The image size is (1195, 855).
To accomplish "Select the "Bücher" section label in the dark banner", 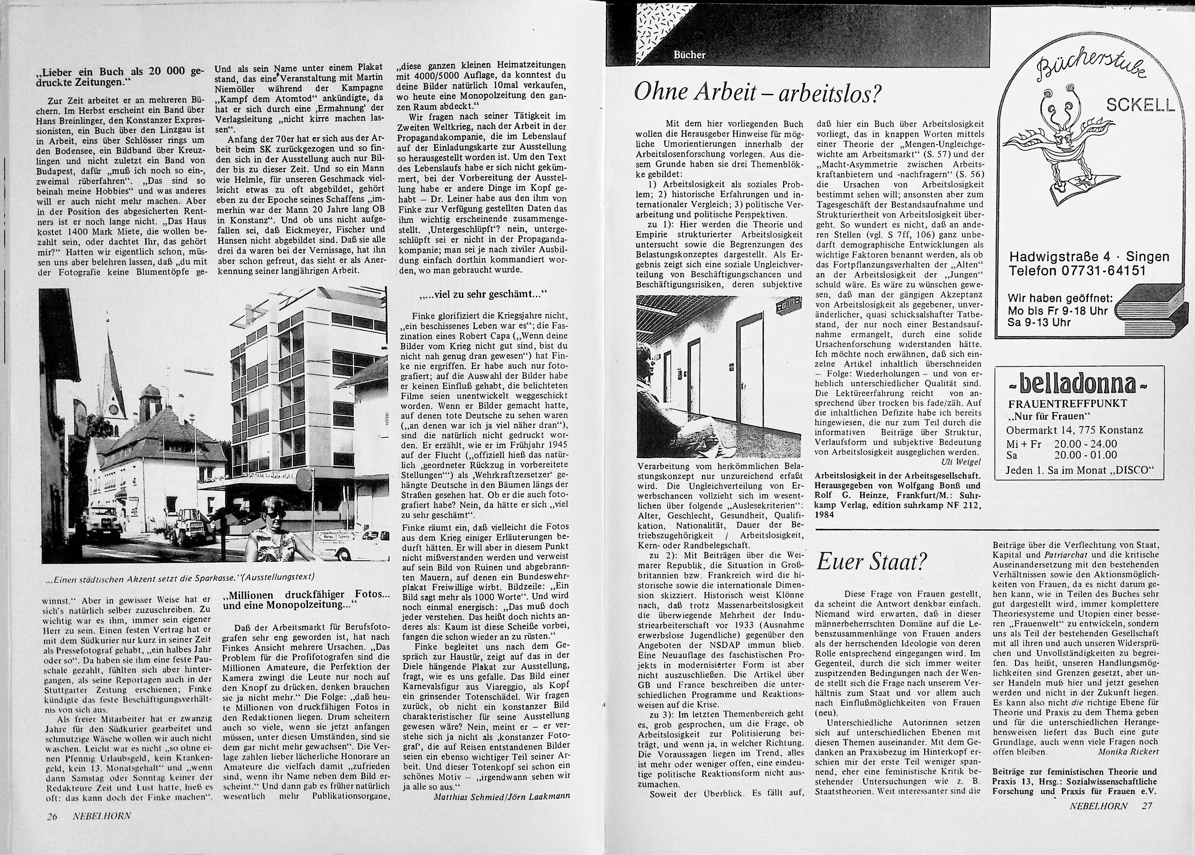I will (689, 55).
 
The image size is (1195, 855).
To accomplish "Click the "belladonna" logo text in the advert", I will (1071, 385).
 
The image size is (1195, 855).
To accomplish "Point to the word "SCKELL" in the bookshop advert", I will (1140, 105).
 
